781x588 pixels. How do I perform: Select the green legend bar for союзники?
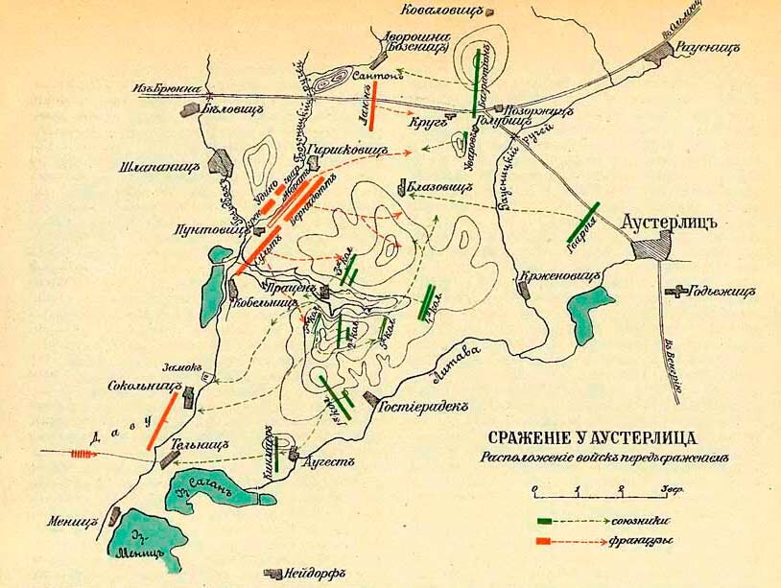pos(547,522)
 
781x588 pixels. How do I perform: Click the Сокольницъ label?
pos(147,384)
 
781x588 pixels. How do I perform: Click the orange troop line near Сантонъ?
pos(371,106)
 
